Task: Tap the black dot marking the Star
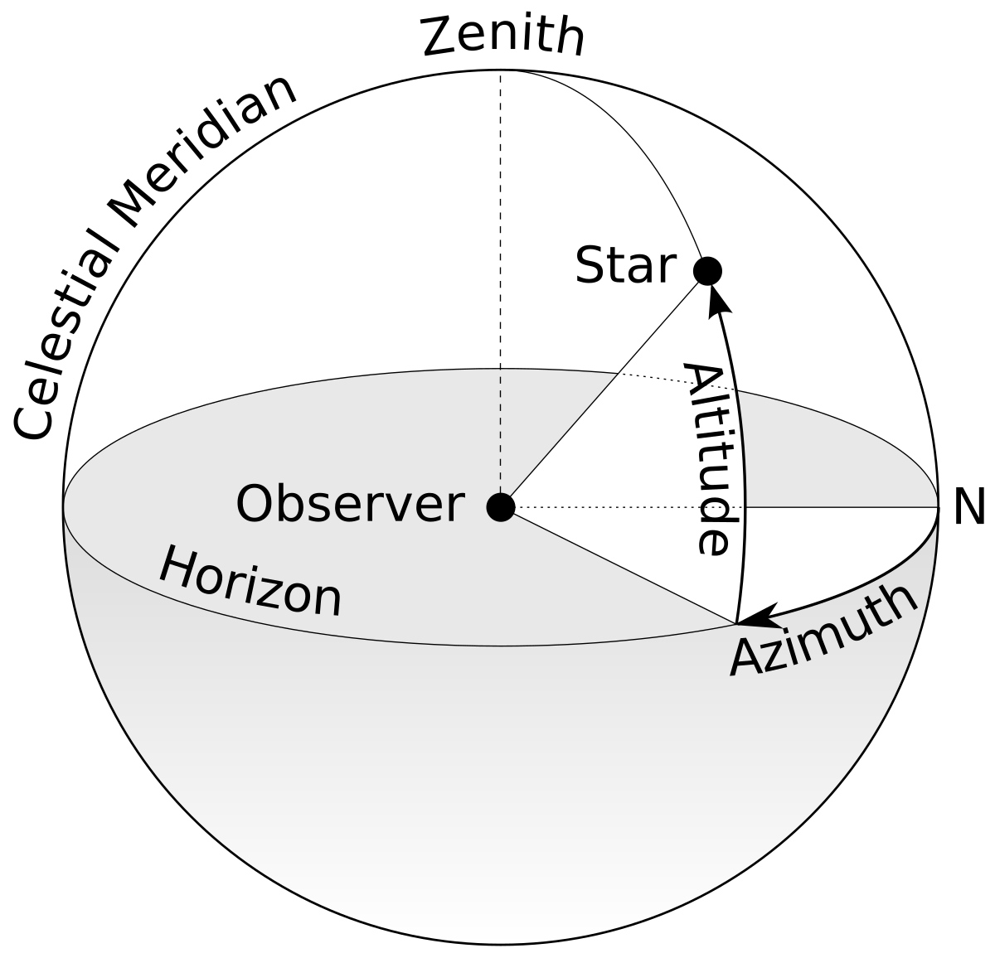[x=707, y=270]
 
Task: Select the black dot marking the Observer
[x=500, y=506]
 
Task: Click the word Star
[x=625, y=266]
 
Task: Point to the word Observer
[x=349, y=505]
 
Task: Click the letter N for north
[x=968, y=507]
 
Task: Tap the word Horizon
[x=250, y=582]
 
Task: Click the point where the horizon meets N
[x=938, y=507]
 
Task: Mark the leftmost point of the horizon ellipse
[x=64, y=506]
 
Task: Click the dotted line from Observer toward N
[x=630, y=507]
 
